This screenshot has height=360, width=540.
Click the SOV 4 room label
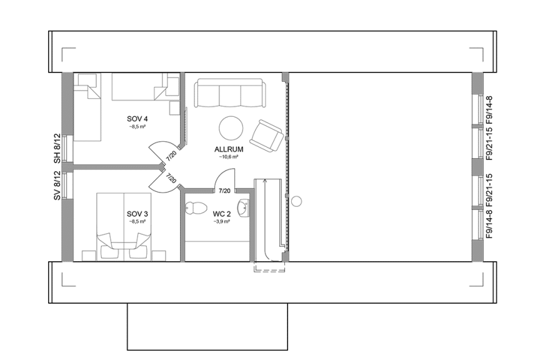coord(137,119)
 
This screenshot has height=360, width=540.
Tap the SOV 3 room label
coord(137,214)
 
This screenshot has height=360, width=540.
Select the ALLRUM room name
coord(228,150)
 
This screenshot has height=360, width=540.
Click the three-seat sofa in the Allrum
coord(228,94)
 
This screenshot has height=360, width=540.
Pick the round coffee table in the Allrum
coord(231,128)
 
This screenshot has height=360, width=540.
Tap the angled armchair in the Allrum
coord(267,136)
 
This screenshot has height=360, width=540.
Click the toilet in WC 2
coord(196,207)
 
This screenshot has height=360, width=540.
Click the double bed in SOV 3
coord(124,222)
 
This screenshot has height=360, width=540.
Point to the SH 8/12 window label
coord(56,149)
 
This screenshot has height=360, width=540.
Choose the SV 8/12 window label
coord(56,186)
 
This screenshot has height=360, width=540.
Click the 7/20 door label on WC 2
coord(224,191)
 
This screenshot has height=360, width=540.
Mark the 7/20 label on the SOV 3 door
coord(171,179)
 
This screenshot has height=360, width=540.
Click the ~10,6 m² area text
coord(228,157)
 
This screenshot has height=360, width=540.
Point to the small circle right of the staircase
coord(297,201)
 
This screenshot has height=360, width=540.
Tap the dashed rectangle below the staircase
coord(269,267)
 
